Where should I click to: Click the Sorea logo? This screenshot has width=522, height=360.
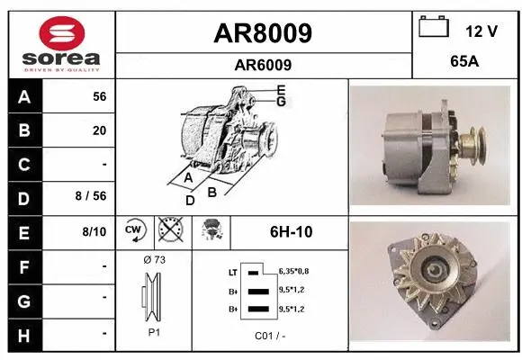tap(61, 42)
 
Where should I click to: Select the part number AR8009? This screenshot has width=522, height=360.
tap(263, 33)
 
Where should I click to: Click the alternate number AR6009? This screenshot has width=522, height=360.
tap(263, 65)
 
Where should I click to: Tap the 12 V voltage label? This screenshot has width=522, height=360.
tap(481, 31)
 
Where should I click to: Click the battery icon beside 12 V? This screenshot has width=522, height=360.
tap(434, 28)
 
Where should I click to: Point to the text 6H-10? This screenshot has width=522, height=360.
tap(291, 232)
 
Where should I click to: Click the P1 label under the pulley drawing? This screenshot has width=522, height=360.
tap(154, 331)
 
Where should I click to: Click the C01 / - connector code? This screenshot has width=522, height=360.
tap(269, 336)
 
